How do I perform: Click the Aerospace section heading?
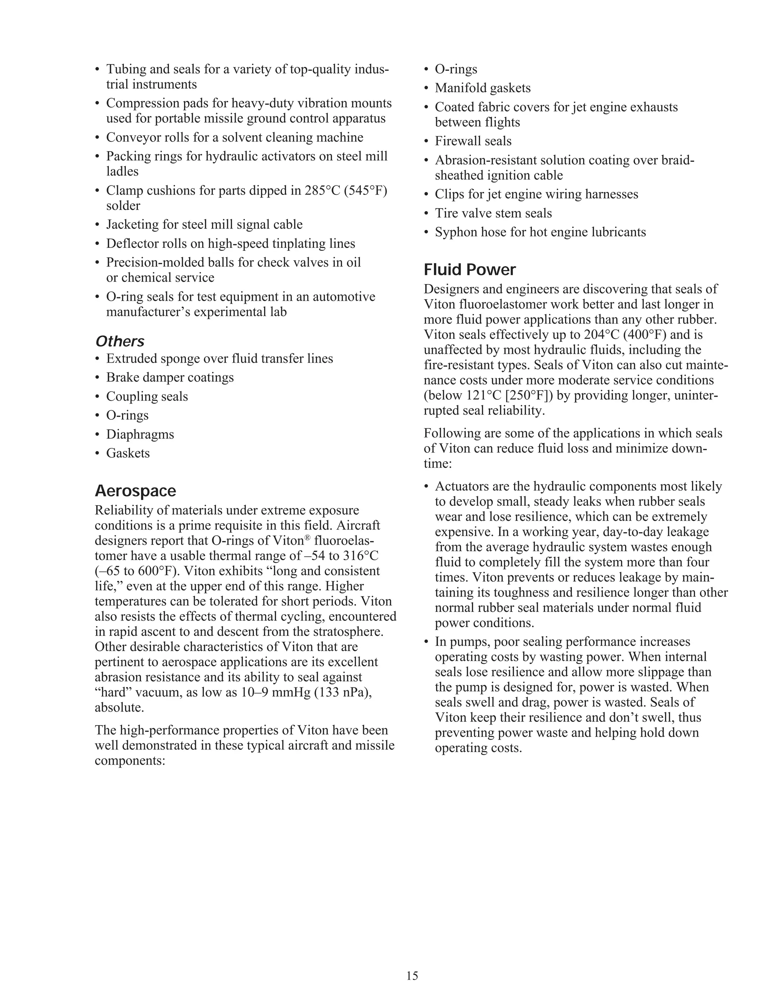click(x=135, y=491)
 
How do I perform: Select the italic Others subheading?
click(x=120, y=341)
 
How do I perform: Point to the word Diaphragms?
click(x=140, y=434)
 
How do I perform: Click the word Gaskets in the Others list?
click(x=128, y=453)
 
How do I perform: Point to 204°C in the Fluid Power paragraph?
click(x=602, y=335)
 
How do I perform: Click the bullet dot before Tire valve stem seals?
click(x=426, y=213)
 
